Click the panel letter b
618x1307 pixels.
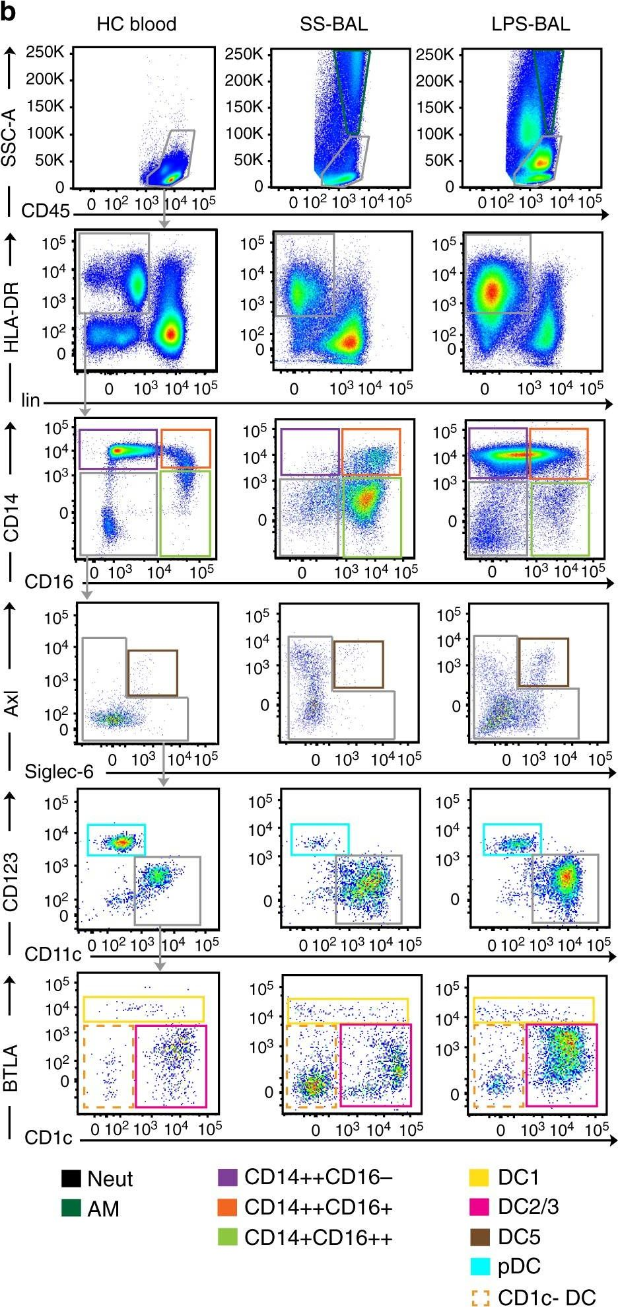point(8,11)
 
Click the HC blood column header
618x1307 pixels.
point(137,25)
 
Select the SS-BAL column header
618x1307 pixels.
point(333,25)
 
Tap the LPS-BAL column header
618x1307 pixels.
point(530,25)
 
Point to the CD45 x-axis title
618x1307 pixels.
point(45,211)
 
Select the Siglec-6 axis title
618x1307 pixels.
point(59,771)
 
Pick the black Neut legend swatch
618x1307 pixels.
point(71,1179)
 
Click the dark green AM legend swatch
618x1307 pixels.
point(71,1209)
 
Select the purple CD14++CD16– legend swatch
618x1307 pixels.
point(227,1177)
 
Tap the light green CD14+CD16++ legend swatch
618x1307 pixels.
point(227,1237)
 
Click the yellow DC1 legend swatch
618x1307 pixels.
point(479,1177)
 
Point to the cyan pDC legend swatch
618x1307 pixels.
point(479,1267)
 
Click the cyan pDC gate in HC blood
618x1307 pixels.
point(116,839)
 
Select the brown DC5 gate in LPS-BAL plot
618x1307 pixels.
point(543,662)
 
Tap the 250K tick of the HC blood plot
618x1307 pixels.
point(45,52)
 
